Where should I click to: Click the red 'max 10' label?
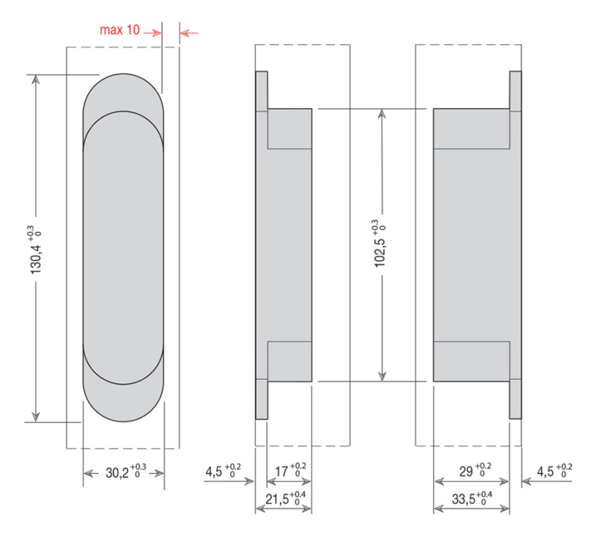point(119,30)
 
